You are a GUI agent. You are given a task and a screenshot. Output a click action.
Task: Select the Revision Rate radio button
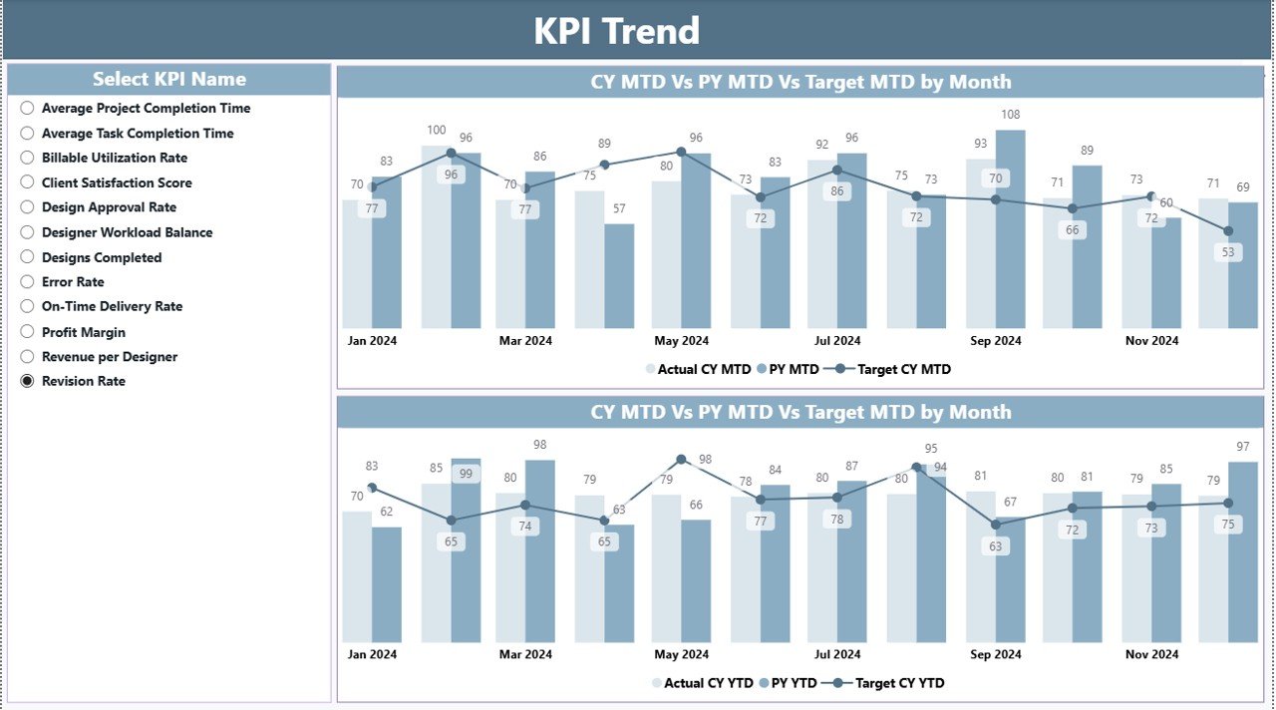(x=27, y=381)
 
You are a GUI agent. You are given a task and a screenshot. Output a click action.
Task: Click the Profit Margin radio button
(x=27, y=332)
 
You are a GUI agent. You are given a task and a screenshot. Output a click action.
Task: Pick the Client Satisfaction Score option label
(x=117, y=182)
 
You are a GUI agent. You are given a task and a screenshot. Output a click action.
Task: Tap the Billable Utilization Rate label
(x=114, y=158)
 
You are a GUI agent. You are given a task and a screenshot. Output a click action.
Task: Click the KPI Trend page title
(x=616, y=31)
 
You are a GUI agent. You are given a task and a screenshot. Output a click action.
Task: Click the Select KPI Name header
(x=169, y=79)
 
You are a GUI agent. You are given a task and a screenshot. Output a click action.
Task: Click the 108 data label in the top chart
(x=1010, y=115)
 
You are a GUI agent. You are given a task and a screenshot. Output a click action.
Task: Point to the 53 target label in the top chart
(x=1228, y=252)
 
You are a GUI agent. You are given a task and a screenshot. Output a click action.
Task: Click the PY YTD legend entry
(x=793, y=683)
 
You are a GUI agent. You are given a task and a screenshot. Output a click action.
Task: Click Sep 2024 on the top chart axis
(x=995, y=341)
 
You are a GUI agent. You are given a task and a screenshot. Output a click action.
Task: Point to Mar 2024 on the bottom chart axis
(x=525, y=654)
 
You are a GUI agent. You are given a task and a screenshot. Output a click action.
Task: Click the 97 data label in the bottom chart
(x=1242, y=446)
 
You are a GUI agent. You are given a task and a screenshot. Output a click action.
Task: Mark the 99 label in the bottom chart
(x=466, y=474)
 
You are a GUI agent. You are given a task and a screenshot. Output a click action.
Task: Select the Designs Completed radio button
(x=27, y=257)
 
